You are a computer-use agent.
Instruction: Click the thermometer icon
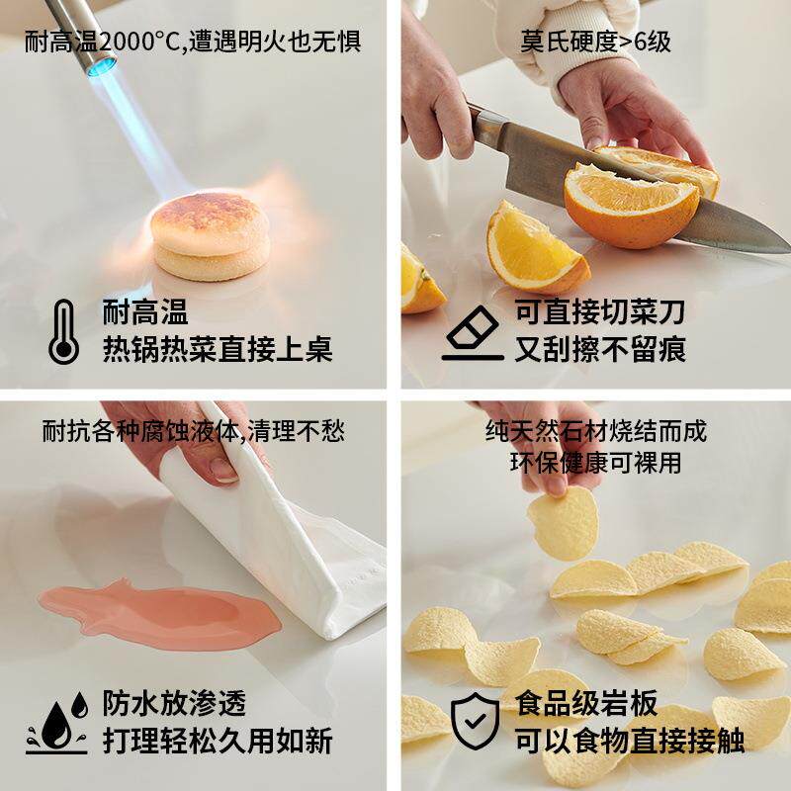coord(63,331)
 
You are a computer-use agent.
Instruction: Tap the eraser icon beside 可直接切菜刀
coord(473,332)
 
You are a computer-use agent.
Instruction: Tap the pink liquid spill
coord(158,613)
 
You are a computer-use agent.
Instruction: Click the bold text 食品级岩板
coord(586,703)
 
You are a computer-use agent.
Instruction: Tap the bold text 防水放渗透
coord(174,704)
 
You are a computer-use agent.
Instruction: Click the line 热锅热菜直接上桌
coord(218,348)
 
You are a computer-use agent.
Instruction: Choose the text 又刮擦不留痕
coord(600,348)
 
